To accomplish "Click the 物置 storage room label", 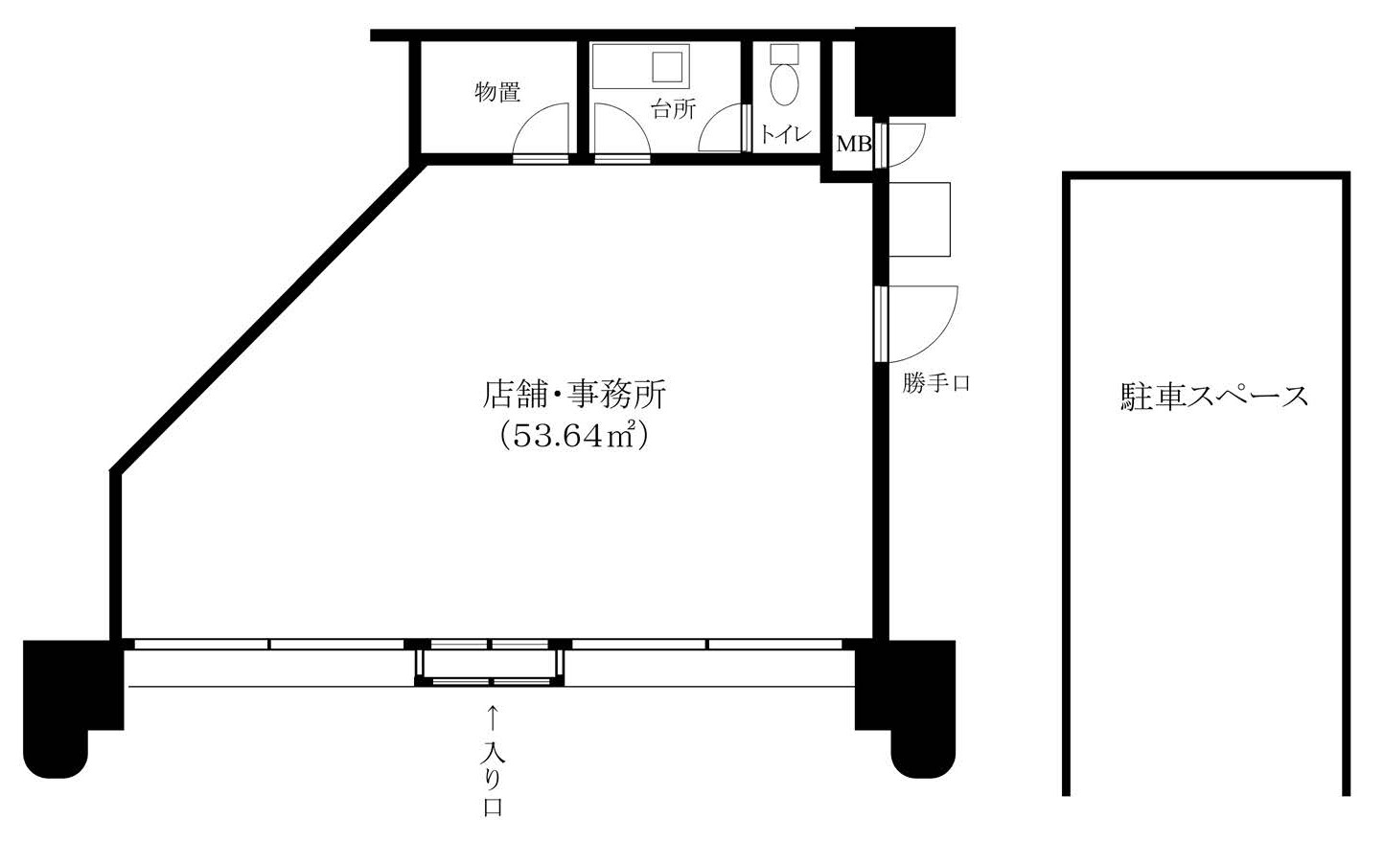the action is click(497, 92).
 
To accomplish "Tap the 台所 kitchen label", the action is click(674, 109).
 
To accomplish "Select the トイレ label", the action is click(785, 134).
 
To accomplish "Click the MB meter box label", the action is click(854, 145).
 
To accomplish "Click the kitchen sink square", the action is click(667, 67).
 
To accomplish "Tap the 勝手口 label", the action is click(936, 383).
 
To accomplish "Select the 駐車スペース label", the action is click(1214, 396).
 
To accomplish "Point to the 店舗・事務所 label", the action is click(574, 394).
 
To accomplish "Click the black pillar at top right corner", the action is click(905, 72).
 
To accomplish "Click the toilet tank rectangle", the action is click(785, 53).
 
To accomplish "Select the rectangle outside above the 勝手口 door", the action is click(919, 219).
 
